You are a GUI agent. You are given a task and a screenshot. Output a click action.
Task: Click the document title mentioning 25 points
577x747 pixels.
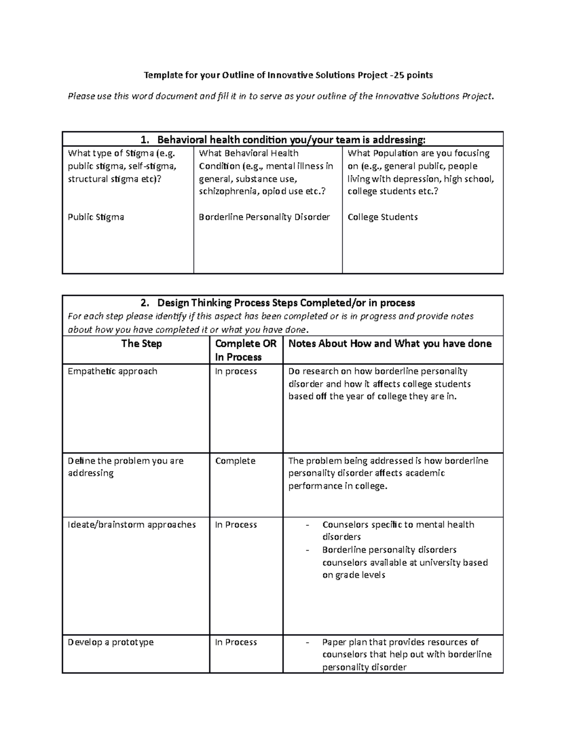tap(288, 75)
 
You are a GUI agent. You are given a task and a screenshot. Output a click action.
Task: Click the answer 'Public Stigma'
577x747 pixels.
tap(96, 217)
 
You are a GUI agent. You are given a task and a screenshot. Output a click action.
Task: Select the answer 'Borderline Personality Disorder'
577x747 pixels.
tap(264, 217)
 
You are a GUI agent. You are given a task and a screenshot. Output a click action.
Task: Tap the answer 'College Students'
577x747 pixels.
tap(382, 217)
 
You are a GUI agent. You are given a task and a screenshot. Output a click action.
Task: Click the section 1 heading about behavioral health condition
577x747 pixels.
tap(283, 140)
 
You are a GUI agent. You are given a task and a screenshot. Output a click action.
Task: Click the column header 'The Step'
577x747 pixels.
tap(141, 343)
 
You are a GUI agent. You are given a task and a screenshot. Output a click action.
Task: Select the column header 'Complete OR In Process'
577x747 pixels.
tap(246, 350)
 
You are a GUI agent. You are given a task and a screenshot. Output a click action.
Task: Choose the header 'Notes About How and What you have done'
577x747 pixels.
tap(389, 343)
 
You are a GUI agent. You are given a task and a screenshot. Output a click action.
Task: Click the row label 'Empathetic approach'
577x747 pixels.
tap(113, 371)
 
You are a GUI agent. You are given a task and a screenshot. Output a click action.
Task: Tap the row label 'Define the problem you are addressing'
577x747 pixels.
tap(125, 467)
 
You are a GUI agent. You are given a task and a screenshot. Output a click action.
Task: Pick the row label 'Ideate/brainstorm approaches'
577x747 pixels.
tap(132, 525)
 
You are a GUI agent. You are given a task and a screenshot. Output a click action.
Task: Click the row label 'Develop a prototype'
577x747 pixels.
tap(111, 642)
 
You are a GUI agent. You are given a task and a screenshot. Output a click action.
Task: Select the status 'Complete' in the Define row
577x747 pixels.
tap(235, 461)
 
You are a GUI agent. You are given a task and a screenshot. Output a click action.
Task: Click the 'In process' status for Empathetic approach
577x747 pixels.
tap(236, 371)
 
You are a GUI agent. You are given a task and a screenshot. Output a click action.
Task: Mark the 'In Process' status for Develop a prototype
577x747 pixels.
tap(236, 642)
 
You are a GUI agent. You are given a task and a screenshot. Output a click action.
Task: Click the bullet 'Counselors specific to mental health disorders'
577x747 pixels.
tap(398, 531)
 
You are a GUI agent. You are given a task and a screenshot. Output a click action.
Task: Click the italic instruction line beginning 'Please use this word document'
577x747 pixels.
tap(281, 96)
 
